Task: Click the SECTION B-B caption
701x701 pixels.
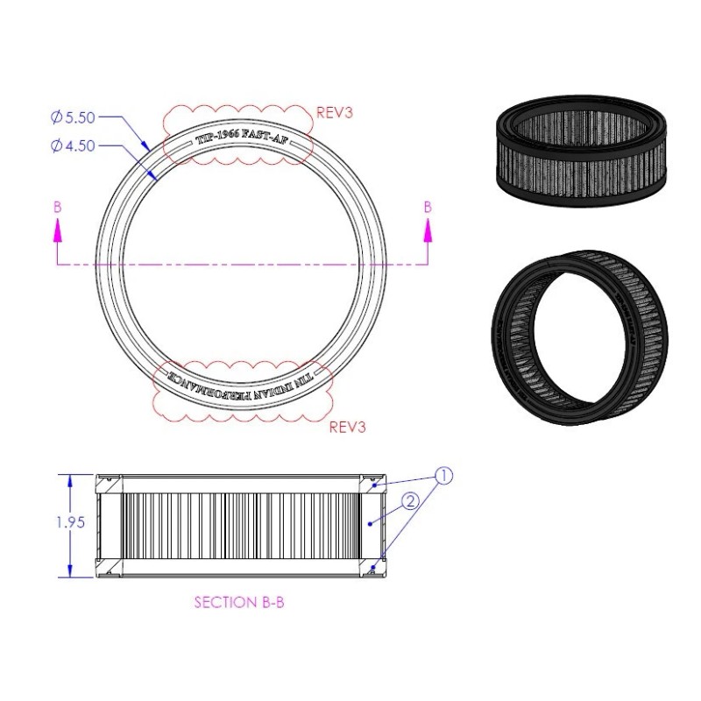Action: pyautogui.click(x=238, y=603)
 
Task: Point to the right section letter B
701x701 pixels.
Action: pyautogui.click(x=428, y=208)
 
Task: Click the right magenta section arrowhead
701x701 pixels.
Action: pyautogui.click(x=428, y=230)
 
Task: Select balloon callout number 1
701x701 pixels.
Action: pyautogui.click(x=444, y=478)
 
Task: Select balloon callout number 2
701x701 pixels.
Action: pyautogui.click(x=409, y=501)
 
